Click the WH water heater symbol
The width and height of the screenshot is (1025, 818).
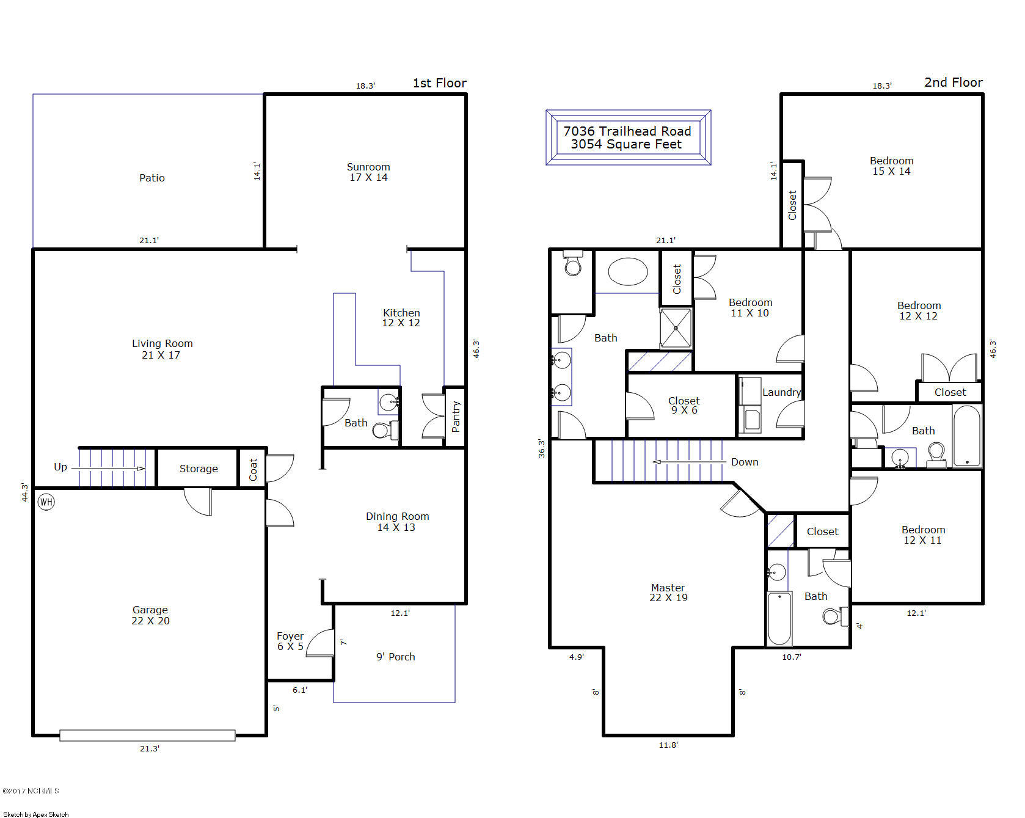tap(46, 502)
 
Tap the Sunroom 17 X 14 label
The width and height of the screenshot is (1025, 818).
tap(368, 172)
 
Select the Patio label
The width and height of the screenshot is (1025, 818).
tap(152, 178)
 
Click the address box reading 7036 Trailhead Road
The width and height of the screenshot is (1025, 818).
tap(627, 137)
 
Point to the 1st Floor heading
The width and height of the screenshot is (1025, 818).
tap(439, 83)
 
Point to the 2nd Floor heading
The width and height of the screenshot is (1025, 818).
tap(953, 82)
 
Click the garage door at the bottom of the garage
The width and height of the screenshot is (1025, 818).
tap(147, 736)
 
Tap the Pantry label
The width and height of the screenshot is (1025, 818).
tap(456, 417)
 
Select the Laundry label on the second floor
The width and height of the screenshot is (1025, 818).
tap(781, 392)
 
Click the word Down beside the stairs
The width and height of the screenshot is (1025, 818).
tap(745, 462)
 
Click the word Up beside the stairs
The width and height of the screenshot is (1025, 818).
tap(60, 467)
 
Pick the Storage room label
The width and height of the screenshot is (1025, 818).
tap(199, 469)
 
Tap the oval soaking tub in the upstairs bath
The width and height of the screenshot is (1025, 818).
tap(627, 272)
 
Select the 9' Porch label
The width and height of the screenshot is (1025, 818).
tap(395, 657)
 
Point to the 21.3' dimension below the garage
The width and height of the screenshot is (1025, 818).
tap(149, 748)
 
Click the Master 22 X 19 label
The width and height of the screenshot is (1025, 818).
tap(668, 593)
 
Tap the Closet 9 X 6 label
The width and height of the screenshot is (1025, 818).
tap(684, 405)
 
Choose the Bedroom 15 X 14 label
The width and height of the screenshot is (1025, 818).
tap(891, 166)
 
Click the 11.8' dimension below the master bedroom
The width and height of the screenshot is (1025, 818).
tap(668, 745)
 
